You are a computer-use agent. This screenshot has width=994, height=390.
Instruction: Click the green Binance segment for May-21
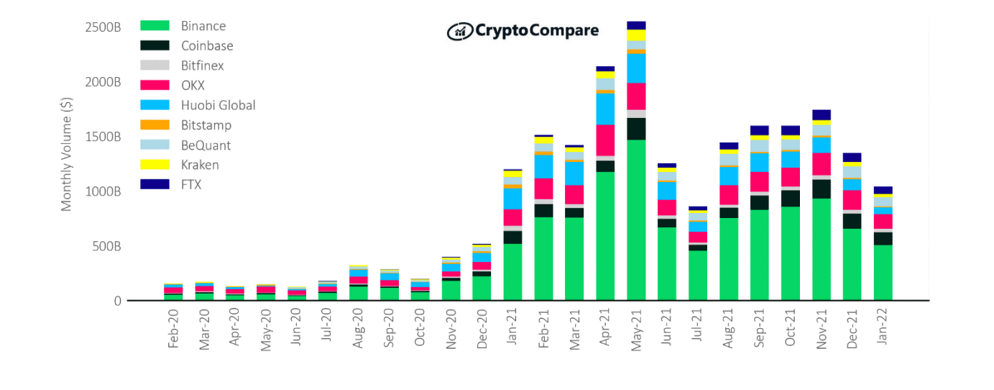coord(636,219)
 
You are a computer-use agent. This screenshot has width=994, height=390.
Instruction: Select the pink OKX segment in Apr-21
coord(605,140)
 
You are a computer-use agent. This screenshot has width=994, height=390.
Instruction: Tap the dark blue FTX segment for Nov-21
coord(822,114)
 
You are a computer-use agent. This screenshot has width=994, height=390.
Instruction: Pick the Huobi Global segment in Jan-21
coord(512,199)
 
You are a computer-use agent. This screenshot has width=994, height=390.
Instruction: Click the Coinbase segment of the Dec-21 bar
coord(852,221)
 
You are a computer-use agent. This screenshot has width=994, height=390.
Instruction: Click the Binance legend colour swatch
coord(155,26)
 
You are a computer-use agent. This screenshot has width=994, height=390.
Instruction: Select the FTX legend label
coord(191,185)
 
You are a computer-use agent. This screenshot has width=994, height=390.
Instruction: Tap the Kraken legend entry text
coord(200,165)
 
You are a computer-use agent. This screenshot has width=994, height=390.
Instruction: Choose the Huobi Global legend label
coord(218,105)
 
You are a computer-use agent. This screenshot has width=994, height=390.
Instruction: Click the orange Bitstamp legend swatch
coord(155,125)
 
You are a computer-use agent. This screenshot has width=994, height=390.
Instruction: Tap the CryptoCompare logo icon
coord(459,31)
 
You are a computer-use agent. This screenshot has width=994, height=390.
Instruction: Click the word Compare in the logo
coord(564,31)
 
